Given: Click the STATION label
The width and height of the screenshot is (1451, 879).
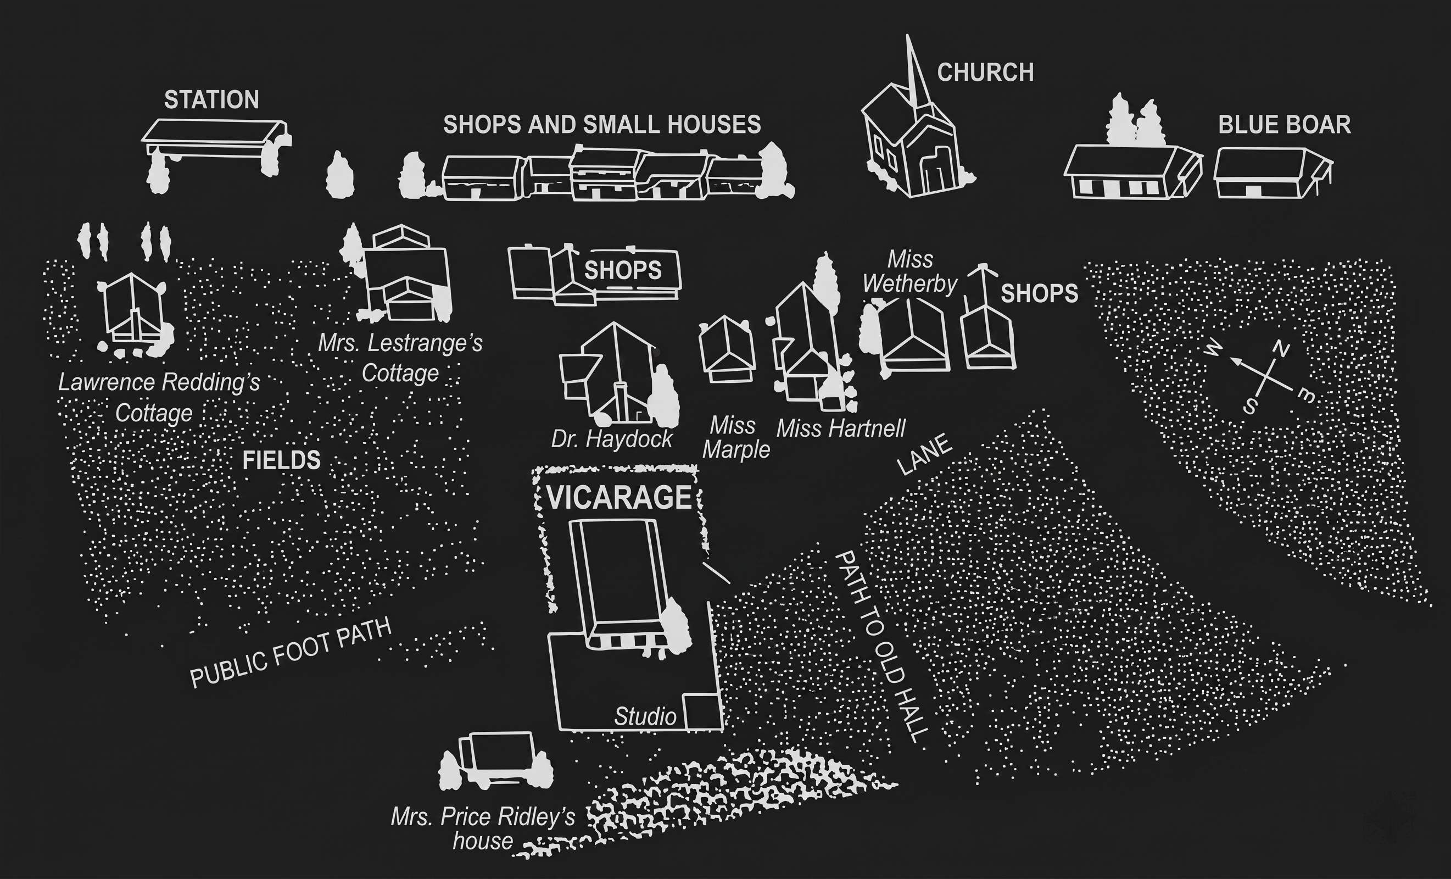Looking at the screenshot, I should [x=211, y=100].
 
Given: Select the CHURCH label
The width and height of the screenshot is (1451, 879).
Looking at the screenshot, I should [x=985, y=73].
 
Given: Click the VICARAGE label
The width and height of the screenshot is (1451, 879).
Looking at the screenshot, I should [x=618, y=498].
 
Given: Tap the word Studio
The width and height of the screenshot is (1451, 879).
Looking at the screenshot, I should [x=645, y=717].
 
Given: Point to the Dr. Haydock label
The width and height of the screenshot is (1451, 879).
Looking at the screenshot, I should [x=611, y=439].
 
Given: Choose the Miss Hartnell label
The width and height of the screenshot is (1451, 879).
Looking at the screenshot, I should [x=840, y=429].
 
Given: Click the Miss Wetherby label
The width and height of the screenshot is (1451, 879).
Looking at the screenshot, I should [x=910, y=272].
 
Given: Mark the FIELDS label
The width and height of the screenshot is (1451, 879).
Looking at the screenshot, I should [x=282, y=460].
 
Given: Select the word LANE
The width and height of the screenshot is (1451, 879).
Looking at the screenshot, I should [x=923, y=454].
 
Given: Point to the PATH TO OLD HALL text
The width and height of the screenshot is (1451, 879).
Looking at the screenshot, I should [x=881, y=646].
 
